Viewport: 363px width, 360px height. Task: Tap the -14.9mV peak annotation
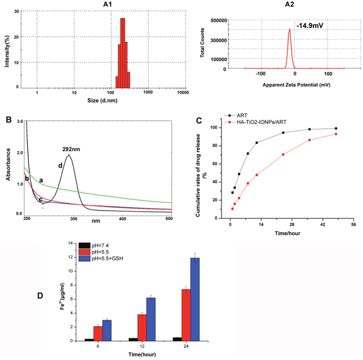click(309, 26)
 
